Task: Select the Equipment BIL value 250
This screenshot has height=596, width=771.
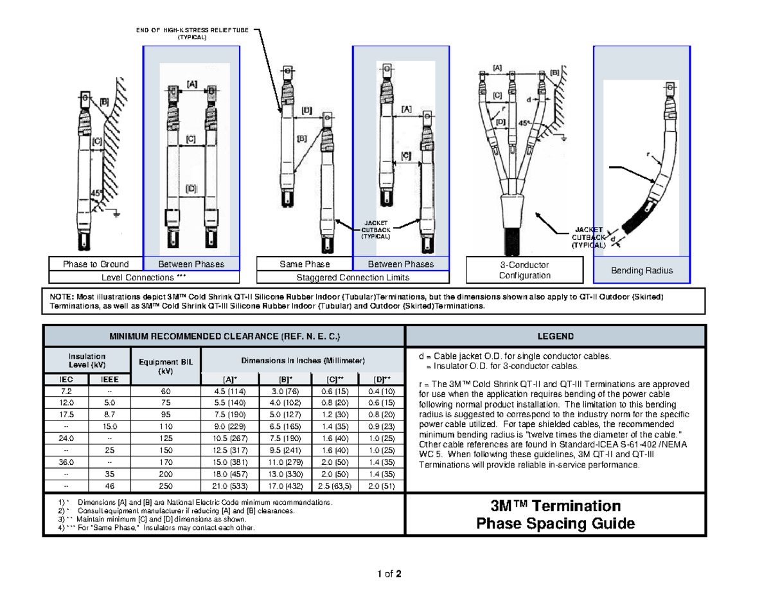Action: pos(165,485)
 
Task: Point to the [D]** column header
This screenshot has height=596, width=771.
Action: pos(382,379)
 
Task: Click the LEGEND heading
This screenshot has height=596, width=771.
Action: pos(555,336)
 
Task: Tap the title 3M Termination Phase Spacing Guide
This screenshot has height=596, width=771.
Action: pos(555,514)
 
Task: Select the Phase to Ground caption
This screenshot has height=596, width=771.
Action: pos(96,264)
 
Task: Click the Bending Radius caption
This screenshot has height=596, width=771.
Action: pos(641,270)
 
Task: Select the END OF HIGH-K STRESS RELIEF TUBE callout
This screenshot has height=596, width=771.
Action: pos(193,33)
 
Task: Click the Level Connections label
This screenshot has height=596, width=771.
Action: pos(145,277)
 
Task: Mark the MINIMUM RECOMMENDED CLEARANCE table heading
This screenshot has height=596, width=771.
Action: pos(224,336)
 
